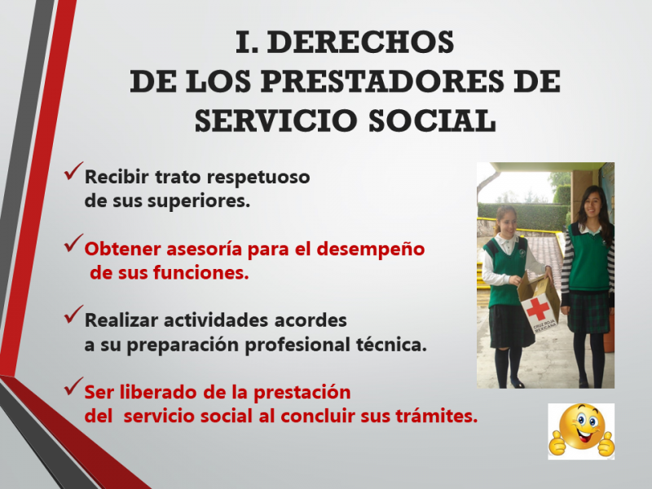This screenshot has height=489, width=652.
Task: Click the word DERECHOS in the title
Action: pyautogui.click(x=360, y=42)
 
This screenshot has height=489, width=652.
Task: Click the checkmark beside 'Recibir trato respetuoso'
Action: pyautogui.click(x=73, y=171)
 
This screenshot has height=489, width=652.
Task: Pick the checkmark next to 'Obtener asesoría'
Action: pyautogui.click(x=73, y=243)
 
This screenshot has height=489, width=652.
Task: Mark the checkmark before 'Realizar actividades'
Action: pyautogui.click(x=73, y=315)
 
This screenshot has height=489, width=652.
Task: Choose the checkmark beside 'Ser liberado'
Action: pyautogui.click(x=73, y=386)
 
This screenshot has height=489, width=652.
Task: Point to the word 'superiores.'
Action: pyautogui.click(x=199, y=201)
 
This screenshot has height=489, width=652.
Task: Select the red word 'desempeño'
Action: pyautogui.click(x=371, y=249)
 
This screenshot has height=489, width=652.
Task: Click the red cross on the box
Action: pyautogui.click(x=538, y=310)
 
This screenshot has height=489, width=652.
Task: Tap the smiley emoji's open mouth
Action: pyautogui.click(x=583, y=436)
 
